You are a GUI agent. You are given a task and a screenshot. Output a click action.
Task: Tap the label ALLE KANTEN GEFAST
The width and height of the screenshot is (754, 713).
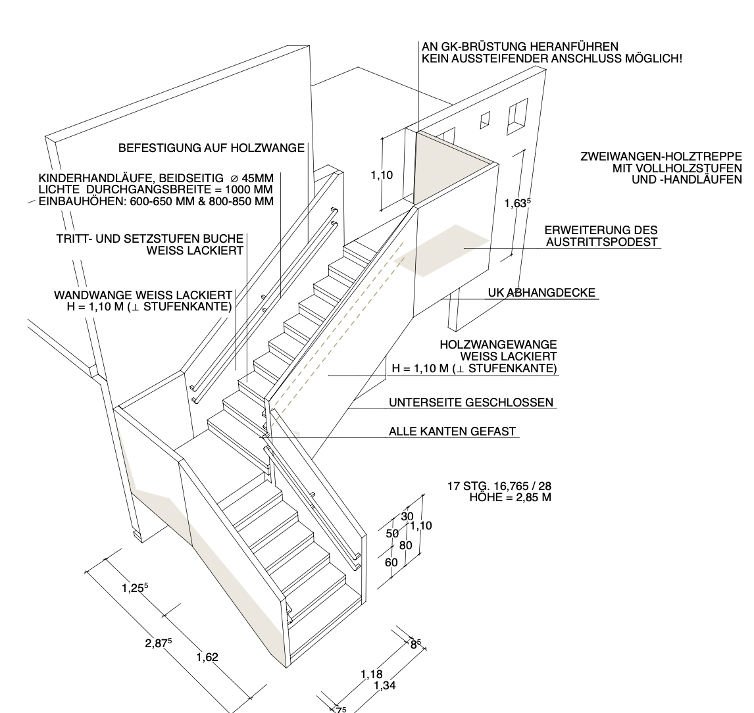pyautogui.click(x=452, y=431)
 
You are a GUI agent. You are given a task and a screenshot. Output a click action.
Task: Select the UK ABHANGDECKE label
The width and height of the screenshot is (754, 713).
pyautogui.click(x=541, y=293)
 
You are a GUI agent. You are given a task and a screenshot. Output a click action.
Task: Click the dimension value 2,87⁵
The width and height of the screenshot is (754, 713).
pyautogui.click(x=159, y=643)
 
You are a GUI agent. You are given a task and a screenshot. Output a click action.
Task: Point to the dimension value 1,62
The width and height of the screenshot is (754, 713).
pyautogui.click(x=207, y=657)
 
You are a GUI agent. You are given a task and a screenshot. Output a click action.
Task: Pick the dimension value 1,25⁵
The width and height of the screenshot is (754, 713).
pyautogui.click(x=135, y=587)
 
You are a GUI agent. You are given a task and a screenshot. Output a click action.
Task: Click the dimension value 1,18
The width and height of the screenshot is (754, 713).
pyautogui.click(x=372, y=675)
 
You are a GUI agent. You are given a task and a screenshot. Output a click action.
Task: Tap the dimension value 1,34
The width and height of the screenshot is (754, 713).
pyautogui.click(x=385, y=685)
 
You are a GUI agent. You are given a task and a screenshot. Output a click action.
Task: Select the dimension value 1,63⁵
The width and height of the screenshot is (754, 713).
pyautogui.click(x=517, y=203)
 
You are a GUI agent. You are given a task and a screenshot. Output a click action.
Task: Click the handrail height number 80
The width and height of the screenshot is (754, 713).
pyautogui.click(x=406, y=546)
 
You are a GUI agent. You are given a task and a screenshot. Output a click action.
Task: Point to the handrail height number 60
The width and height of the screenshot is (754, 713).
pyautogui.click(x=391, y=562)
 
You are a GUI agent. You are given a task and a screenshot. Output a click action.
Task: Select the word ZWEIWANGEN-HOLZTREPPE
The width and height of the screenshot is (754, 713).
pyautogui.click(x=661, y=157)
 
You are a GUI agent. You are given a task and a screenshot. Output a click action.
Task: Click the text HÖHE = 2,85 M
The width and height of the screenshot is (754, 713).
pyautogui.click(x=510, y=498)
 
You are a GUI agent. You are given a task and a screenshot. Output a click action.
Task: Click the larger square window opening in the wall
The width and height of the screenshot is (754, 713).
pyautogui.click(x=517, y=117)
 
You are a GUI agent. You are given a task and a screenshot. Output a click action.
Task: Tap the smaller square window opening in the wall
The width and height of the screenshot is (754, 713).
pyautogui.click(x=485, y=120)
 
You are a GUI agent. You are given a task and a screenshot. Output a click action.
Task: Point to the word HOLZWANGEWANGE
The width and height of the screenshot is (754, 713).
pyautogui.click(x=498, y=345)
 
